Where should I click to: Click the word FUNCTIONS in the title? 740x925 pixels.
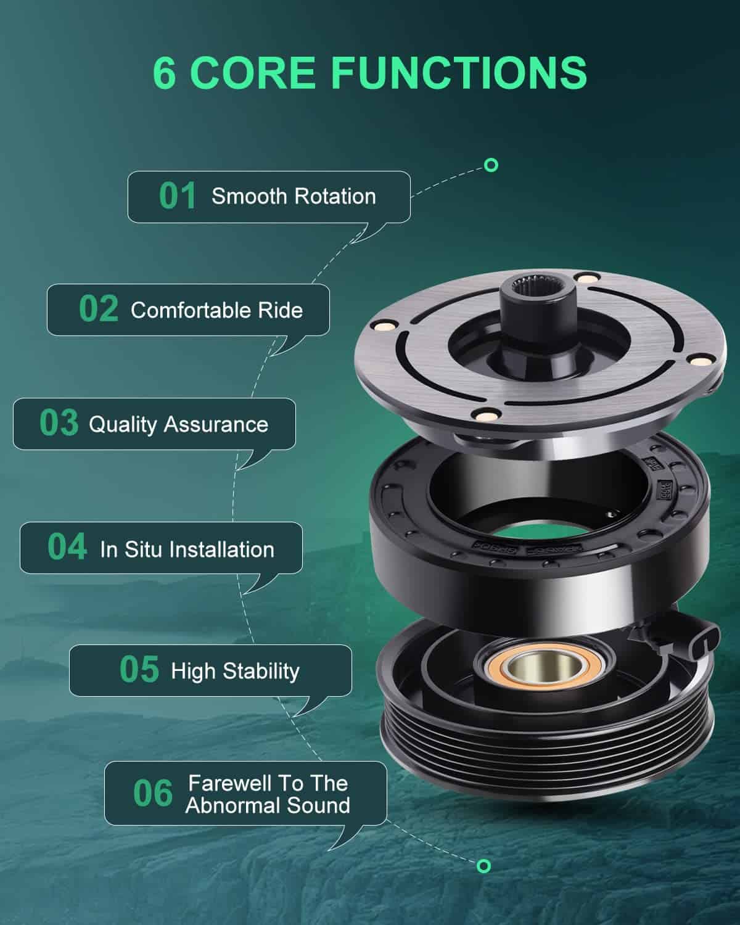pos(459,73)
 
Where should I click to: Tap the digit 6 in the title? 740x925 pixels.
pos(164,73)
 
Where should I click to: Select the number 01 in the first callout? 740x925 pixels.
pos(178,196)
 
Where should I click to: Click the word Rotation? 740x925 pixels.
pos(335,197)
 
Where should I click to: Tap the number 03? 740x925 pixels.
pos(59,423)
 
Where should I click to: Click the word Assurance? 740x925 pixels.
pos(216,425)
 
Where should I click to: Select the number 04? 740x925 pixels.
pos(67,546)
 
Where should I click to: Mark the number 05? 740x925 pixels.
pos(139,670)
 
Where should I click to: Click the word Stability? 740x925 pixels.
pos(261,672)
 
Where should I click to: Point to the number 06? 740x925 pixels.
pos(153,793)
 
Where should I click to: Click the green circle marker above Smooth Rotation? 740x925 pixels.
pos(491,165)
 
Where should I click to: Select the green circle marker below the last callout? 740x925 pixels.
pos(483,866)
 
